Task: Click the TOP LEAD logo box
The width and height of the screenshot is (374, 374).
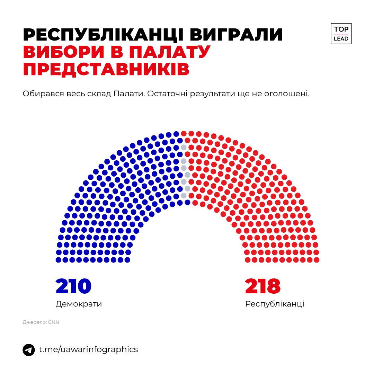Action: pos(341,34)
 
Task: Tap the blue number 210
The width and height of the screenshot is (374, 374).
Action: pos(73,286)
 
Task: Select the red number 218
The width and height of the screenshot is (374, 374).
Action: pos(263,286)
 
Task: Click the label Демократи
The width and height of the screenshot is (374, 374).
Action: pos(79,304)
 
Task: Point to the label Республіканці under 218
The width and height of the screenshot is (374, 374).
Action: pos(275,304)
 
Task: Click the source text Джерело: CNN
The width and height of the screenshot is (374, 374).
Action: pos(41,322)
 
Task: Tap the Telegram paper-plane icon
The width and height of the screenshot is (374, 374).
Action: pos(29,350)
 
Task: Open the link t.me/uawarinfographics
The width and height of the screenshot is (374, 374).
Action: pos(88,349)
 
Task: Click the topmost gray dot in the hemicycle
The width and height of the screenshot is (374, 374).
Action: pos(184,148)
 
